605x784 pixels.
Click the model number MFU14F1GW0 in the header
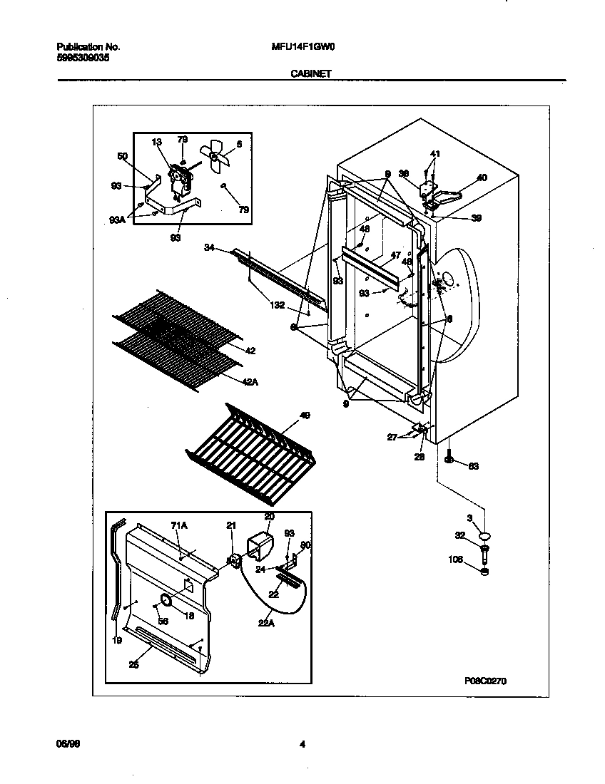pos(304,47)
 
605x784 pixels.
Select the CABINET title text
pos(310,73)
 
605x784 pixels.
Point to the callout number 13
pos(157,143)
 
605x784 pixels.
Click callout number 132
pos(278,304)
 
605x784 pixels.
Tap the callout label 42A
pos(250,383)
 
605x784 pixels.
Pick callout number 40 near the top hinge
pos(482,177)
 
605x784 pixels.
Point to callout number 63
pos(472,466)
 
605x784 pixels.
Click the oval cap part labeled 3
pos(486,535)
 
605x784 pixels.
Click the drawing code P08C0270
pos(486,680)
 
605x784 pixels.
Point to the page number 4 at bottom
pos(302,745)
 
